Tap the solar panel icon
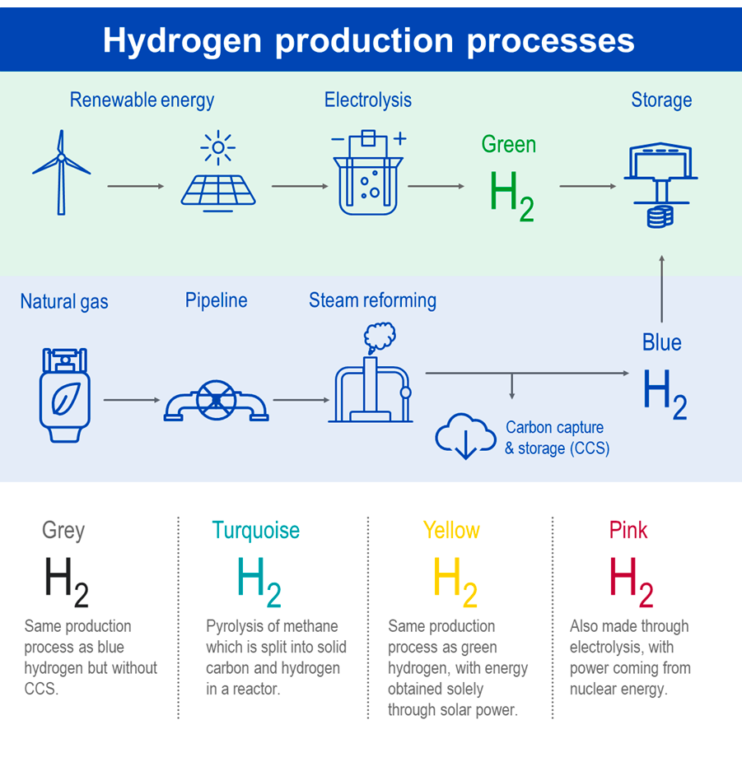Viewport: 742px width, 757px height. pyautogui.click(x=218, y=177)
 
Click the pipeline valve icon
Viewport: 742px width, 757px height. pyautogui.click(x=216, y=401)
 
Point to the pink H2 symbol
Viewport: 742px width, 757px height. pyautogui.click(x=631, y=579)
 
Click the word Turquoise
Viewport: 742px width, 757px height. pyautogui.click(x=256, y=530)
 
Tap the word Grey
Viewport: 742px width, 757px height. pyautogui.click(x=63, y=530)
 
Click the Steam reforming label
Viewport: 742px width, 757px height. pyautogui.click(x=372, y=300)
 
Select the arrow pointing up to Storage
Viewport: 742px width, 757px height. pyautogui.click(x=661, y=288)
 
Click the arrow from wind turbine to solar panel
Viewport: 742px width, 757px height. pyautogui.click(x=136, y=187)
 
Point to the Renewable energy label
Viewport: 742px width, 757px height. pyautogui.click(x=142, y=100)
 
